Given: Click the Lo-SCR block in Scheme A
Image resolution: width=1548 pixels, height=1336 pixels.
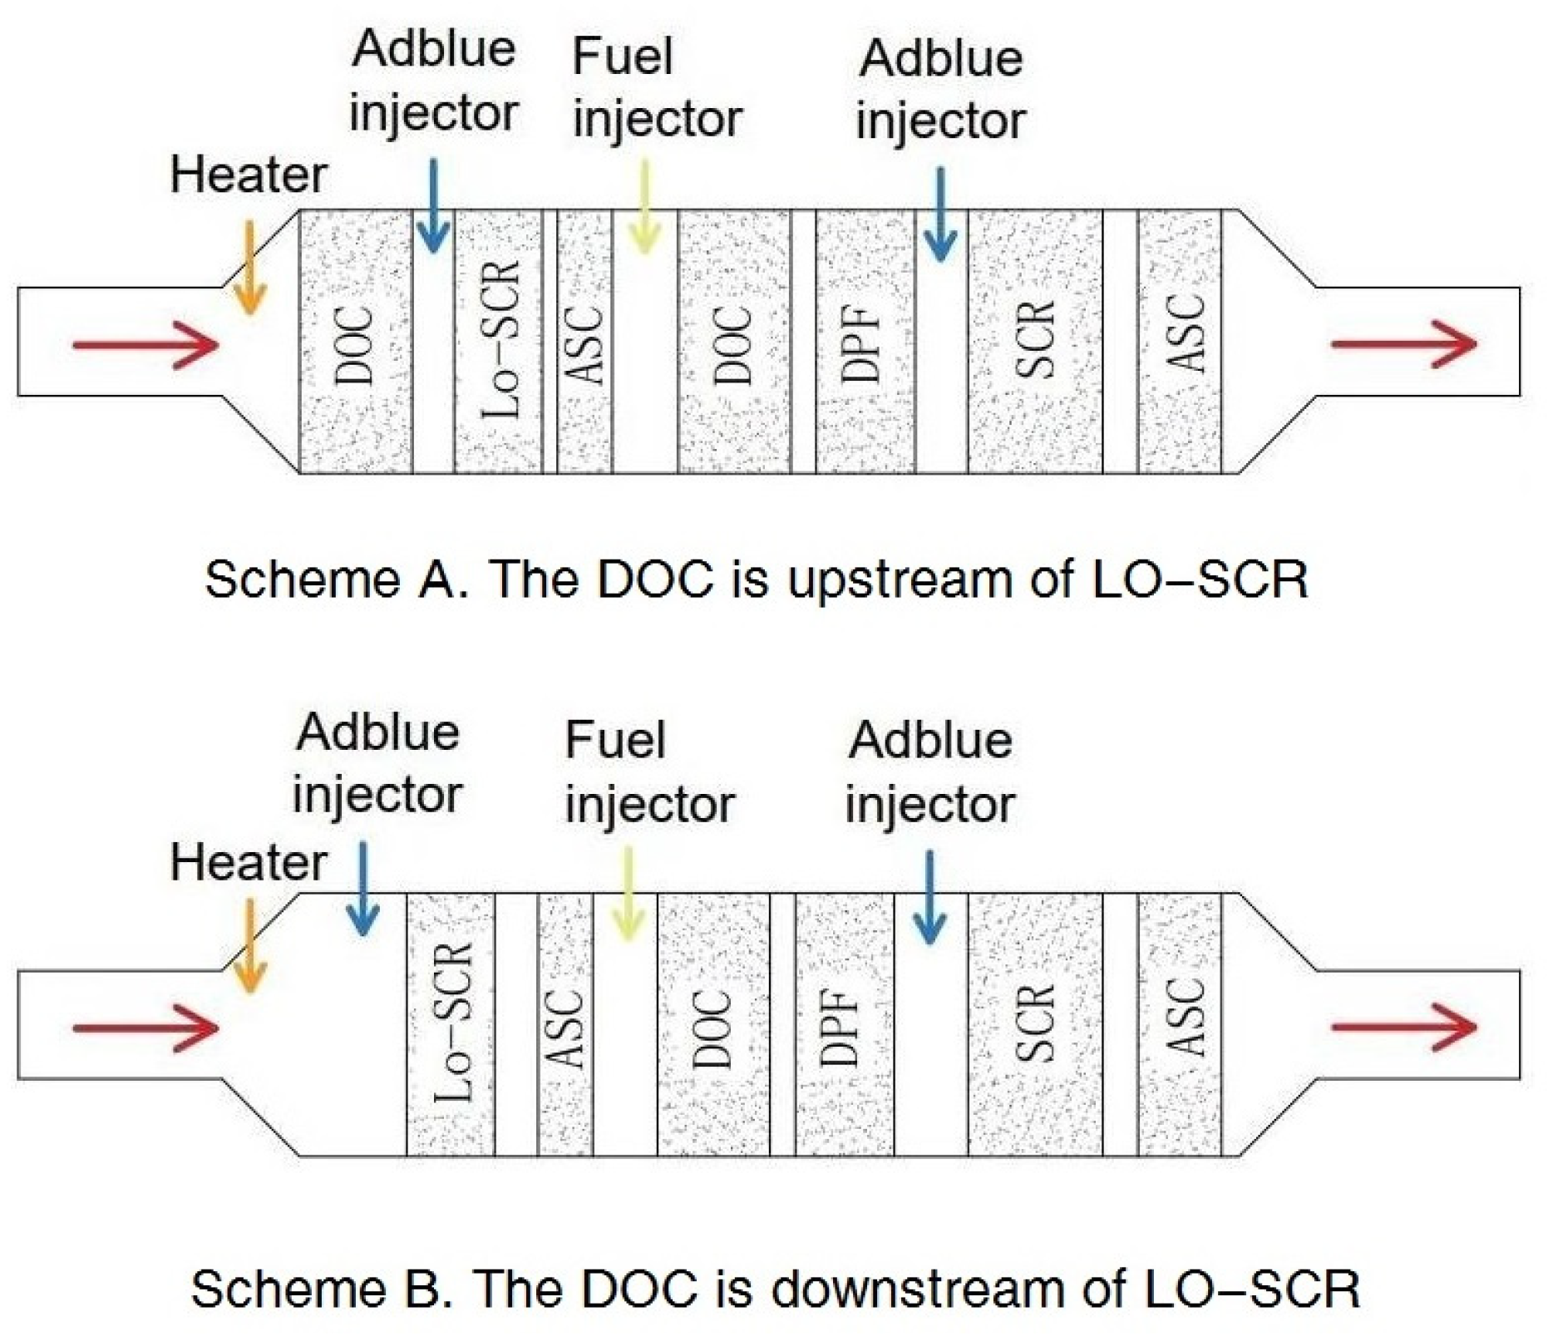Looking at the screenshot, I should click(x=498, y=342).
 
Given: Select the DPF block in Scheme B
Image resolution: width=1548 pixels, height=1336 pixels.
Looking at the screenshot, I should click(x=844, y=1024).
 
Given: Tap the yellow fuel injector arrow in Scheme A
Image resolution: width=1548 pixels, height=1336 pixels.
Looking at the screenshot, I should click(x=644, y=208).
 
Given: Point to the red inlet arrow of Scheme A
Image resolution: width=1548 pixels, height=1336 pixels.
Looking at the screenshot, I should click(x=145, y=344).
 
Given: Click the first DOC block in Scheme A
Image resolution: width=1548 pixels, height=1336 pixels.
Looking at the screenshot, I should click(x=356, y=342).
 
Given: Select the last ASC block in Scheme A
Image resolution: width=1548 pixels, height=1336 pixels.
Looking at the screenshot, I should click(x=1179, y=342).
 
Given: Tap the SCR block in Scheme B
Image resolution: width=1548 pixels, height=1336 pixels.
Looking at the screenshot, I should click(x=1035, y=1024).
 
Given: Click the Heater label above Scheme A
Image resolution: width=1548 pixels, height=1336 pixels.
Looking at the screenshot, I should click(x=248, y=175).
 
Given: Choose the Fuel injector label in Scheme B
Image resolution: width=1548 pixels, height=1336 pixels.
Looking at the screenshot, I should click(x=648, y=772).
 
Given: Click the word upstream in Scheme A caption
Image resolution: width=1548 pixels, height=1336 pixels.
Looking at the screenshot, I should click(x=900, y=579).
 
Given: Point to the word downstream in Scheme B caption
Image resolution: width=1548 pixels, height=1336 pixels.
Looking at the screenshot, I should click(x=917, y=1289).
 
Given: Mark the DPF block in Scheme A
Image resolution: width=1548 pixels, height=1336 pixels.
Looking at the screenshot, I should click(x=865, y=342).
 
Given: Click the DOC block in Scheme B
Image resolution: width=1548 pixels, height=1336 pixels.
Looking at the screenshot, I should click(x=713, y=1024).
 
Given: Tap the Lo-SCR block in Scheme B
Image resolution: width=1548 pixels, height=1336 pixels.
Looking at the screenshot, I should click(x=451, y=1024).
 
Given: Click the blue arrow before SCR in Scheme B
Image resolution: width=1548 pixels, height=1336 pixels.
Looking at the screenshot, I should click(x=929, y=898).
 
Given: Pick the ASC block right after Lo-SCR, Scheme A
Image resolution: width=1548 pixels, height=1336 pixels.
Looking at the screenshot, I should click(x=585, y=342).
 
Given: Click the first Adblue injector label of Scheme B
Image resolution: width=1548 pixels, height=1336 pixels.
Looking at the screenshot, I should click(x=377, y=763).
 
